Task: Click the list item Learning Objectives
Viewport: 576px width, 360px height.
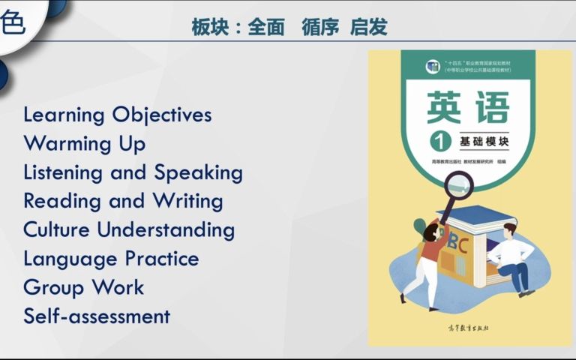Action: (x=117, y=115)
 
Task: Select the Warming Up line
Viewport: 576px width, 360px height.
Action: (x=84, y=143)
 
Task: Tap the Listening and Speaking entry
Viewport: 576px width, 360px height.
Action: (x=133, y=172)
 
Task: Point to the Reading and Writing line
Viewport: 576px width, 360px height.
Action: (x=123, y=201)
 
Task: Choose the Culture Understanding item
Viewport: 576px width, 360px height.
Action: (x=129, y=229)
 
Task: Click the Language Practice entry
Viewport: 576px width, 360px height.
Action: (x=111, y=259)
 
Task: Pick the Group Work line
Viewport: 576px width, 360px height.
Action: (x=83, y=287)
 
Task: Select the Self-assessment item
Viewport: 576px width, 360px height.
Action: (x=97, y=316)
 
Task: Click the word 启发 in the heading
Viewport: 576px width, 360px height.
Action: (x=368, y=28)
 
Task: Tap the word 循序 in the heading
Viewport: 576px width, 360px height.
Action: (x=320, y=28)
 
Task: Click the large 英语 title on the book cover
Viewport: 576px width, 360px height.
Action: (x=468, y=107)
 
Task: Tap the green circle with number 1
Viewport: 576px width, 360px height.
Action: (x=438, y=141)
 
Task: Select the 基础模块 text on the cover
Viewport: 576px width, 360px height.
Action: (x=484, y=142)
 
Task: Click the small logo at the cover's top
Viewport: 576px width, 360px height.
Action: (x=432, y=66)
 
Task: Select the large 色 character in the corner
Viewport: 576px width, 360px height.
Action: (x=13, y=22)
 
